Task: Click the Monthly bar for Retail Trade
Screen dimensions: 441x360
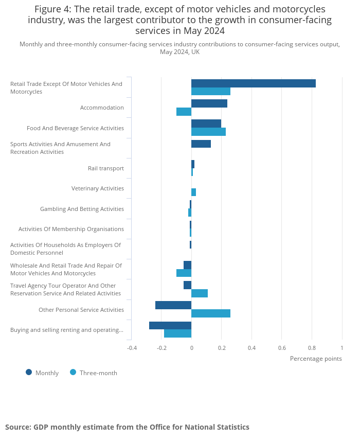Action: [253, 83]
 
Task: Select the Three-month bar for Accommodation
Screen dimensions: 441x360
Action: [184, 112]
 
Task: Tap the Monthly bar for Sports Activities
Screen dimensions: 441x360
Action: [201, 144]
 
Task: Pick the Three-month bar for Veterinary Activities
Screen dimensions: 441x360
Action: [193, 192]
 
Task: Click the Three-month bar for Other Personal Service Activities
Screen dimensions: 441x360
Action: [210, 313]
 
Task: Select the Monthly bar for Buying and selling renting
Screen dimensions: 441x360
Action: [170, 325]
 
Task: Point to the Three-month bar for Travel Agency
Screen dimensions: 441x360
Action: [199, 293]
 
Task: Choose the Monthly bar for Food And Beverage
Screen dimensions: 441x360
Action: [206, 124]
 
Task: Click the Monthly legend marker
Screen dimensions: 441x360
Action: [29, 372]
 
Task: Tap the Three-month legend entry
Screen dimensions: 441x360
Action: [98, 373]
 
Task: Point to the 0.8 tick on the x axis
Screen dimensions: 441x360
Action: [312, 348]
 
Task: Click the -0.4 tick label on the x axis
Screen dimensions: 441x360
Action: [132, 348]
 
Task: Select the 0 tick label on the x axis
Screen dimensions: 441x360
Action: [191, 348]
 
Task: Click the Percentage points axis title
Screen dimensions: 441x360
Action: [315, 359]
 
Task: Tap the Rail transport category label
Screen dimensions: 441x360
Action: [105, 168]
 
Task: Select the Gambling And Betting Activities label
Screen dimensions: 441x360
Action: [82, 209]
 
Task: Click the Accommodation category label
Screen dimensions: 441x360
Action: [102, 108]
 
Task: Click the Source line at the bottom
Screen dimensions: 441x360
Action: [127, 427]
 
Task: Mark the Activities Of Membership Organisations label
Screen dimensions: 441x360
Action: [71, 229]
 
